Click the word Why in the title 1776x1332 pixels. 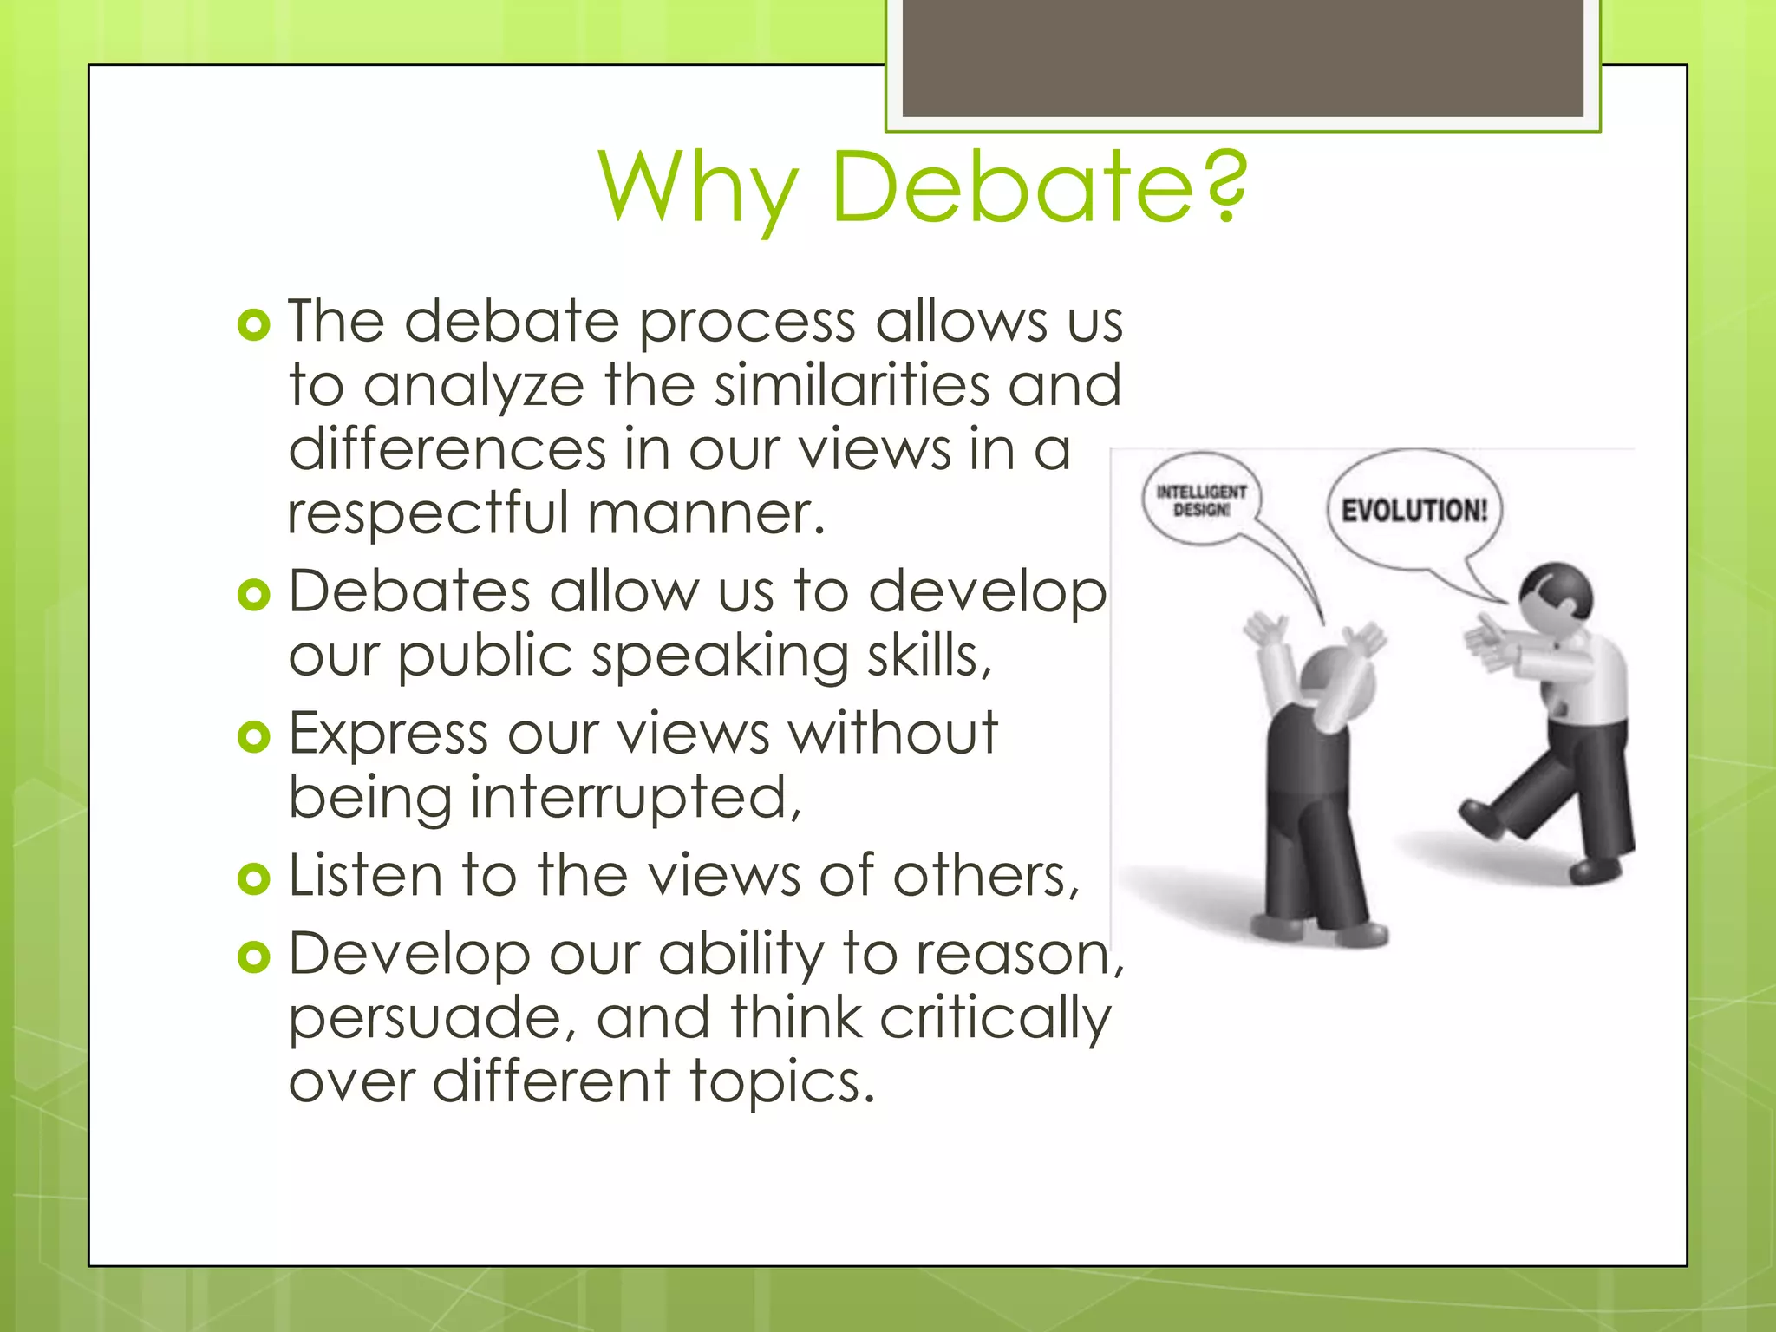pyautogui.click(x=698, y=187)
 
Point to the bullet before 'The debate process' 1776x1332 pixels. pyautogui.click(x=253, y=326)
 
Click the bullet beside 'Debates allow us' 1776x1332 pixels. pyautogui.click(x=253, y=596)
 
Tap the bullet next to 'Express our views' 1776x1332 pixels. pyautogui.click(x=253, y=737)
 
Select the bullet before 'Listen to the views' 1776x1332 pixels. pyautogui.click(x=253, y=878)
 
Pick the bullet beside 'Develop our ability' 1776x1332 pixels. pyautogui.click(x=253, y=957)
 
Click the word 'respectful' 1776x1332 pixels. pyautogui.click(x=428, y=513)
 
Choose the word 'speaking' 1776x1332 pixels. pyautogui.click(x=710, y=656)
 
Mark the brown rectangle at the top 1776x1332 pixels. pyautogui.click(x=1242, y=57)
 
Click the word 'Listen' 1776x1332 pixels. pyautogui.click(x=365, y=875)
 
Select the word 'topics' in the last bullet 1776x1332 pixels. pyautogui.click(x=780, y=1082)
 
